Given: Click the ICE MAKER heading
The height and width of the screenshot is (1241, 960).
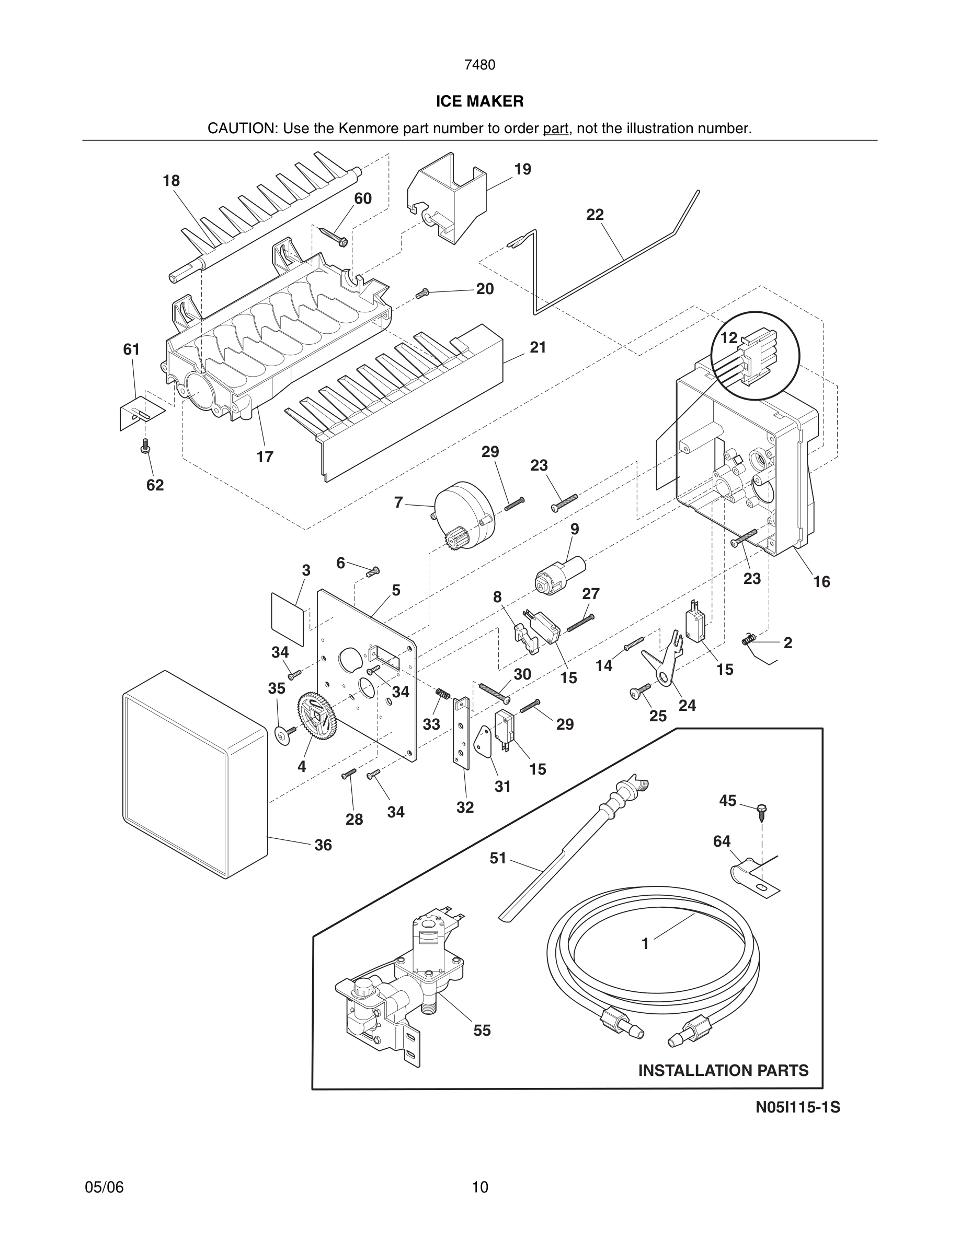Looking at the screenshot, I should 479,101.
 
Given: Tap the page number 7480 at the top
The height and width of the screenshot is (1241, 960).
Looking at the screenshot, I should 479,65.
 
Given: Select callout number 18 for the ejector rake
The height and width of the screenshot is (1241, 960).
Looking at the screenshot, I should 171,181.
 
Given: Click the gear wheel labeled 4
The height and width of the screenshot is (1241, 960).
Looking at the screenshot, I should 317,720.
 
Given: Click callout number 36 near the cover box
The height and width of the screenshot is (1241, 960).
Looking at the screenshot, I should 323,845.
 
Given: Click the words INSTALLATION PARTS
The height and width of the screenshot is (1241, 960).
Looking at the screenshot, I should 723,1071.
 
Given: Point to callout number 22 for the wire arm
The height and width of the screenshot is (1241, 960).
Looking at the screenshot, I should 595,215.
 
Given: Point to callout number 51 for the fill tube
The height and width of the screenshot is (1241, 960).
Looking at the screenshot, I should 498,858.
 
